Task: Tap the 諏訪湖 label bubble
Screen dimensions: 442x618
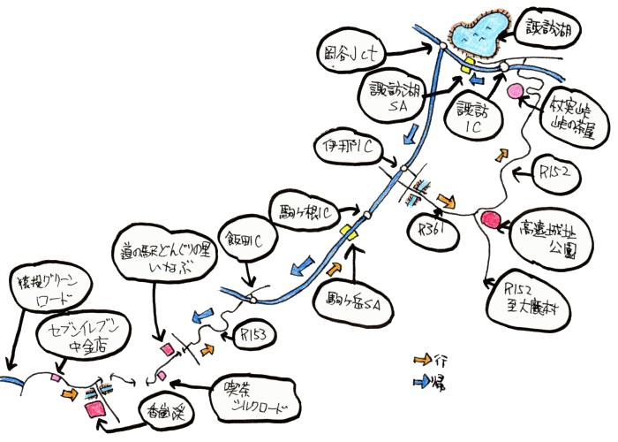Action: (561, 34)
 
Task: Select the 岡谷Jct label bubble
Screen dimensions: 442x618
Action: (351, 56)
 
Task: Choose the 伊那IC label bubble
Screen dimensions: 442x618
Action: (353, 147)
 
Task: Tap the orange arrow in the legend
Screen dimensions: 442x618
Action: (424, 361)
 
